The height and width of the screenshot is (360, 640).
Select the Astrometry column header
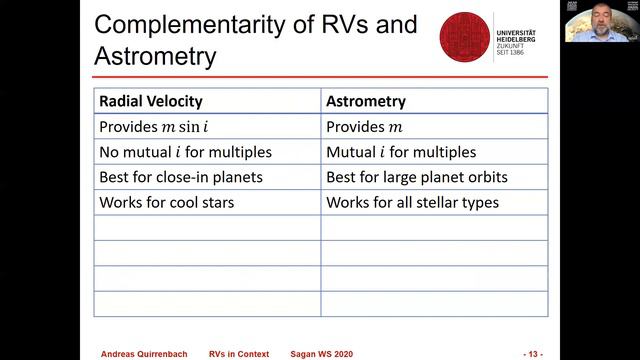366,101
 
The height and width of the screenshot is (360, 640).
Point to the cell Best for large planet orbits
416,178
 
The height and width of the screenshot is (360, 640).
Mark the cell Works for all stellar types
412,203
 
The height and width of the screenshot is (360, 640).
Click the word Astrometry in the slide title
155,56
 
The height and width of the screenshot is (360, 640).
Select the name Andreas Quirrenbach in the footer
145,354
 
